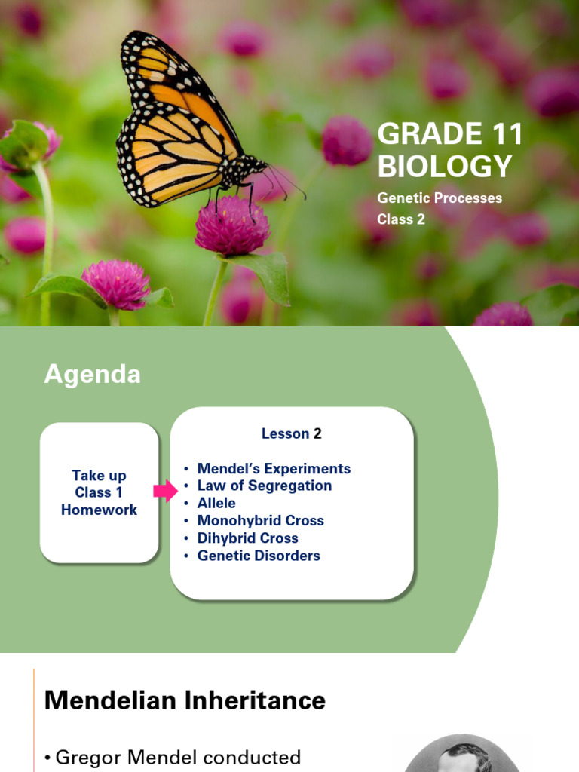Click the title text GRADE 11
pos(449,135)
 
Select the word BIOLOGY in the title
pos(444,166)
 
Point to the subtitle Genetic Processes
pos(439,198)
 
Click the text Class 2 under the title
pos(401,219)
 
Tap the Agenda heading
pos(92,375)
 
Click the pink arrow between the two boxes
pos(164,492)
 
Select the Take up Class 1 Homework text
pos(99,492)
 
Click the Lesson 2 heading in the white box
pos(291,433)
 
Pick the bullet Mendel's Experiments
pos(273,469)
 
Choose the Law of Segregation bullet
pos(264,486)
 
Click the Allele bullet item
pos(216,504)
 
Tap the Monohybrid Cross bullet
pos(260,521)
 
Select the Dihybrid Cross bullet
pos(247,538)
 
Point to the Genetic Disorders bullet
pos(258,556)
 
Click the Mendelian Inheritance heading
pos(185,700)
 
